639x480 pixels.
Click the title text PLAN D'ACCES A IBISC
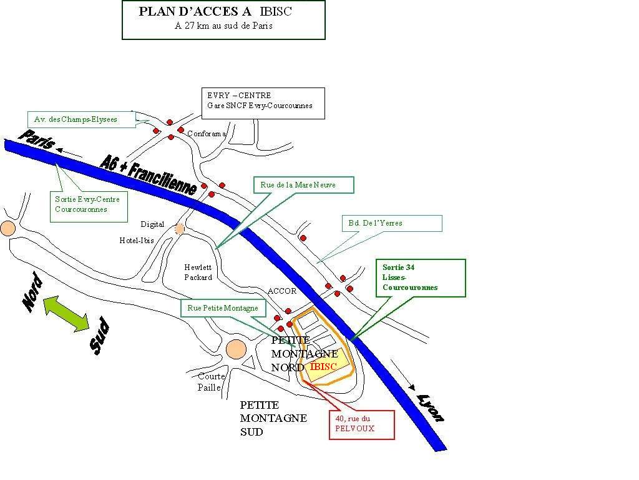(x=215, y=11)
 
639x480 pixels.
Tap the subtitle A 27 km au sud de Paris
(x=223, y=26)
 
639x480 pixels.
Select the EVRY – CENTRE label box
(x=263, y=103)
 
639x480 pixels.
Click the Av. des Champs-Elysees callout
(x=82, y=119)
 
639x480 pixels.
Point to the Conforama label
(x=207, y=134)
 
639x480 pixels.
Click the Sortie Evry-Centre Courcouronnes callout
(x=89, y=206)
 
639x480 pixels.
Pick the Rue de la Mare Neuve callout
(x=304, y=185)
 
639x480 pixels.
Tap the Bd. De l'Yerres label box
(x=392, y=223)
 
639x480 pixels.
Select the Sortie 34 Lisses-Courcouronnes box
(x=420, y=278)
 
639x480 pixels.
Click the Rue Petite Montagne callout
(x=223, y=308)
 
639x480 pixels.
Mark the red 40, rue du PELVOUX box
(x=361, y=425)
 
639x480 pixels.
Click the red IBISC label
(x=323, y=366)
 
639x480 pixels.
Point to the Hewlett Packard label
(x=198, y=272)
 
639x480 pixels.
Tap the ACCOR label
(x=282, y=291)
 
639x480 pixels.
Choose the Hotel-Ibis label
(x=137, y=241)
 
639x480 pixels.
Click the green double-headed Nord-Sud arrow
(x=66, y=314)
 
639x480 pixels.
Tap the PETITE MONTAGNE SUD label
(x=273, y=418)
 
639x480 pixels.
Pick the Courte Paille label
(x=211, y=382)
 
